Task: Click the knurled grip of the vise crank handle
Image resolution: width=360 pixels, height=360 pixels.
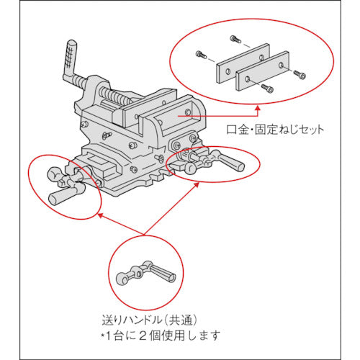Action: click(72, 54)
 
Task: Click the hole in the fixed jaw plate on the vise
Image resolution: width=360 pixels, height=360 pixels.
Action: click(188, 114)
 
